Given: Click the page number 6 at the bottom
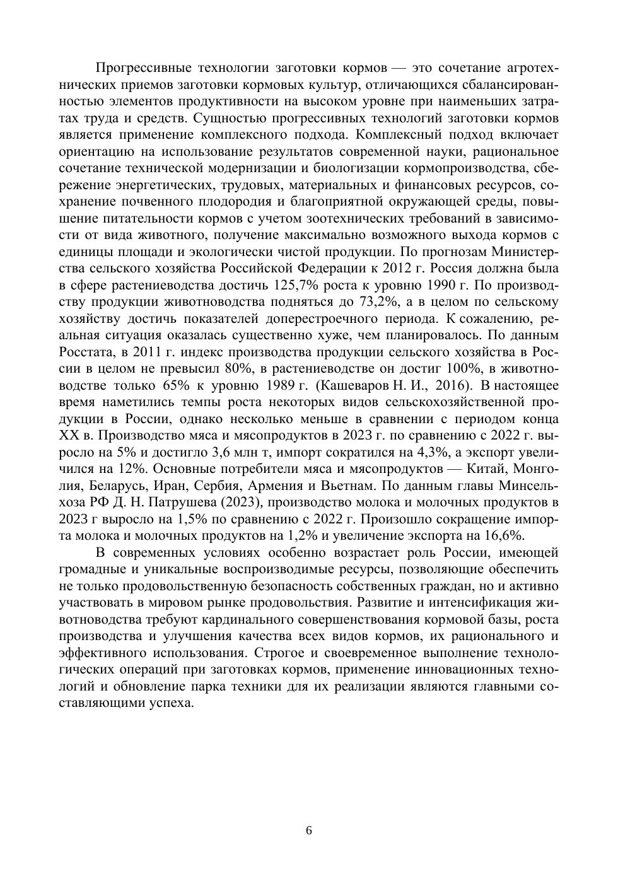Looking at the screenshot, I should click(309, 830).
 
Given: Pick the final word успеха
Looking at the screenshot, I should click(169, 703).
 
